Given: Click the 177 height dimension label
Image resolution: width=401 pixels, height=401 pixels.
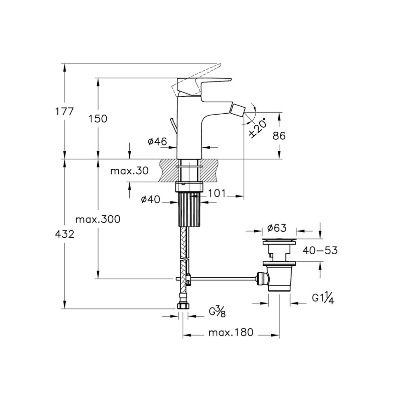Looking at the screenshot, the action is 64,112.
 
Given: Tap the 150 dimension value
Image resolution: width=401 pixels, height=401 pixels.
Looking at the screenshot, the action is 98,119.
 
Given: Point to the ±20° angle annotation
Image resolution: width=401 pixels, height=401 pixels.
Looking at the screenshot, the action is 258,128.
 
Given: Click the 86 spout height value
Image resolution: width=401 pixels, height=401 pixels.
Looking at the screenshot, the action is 279,136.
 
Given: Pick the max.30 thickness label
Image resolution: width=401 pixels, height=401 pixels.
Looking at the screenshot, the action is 129,171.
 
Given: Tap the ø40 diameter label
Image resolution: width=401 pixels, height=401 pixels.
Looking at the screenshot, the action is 150,199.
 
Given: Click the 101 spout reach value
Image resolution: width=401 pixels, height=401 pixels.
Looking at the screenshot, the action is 217,193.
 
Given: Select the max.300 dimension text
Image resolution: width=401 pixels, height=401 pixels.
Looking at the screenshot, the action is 98,219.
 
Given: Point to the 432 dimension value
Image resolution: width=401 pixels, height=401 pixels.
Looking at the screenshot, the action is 64,235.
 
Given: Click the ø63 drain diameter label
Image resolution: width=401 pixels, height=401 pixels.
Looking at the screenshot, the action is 277,228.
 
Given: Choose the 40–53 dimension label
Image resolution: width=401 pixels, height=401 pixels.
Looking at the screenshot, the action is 320,251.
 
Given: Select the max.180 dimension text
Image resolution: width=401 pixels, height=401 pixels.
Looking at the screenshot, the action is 231,332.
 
